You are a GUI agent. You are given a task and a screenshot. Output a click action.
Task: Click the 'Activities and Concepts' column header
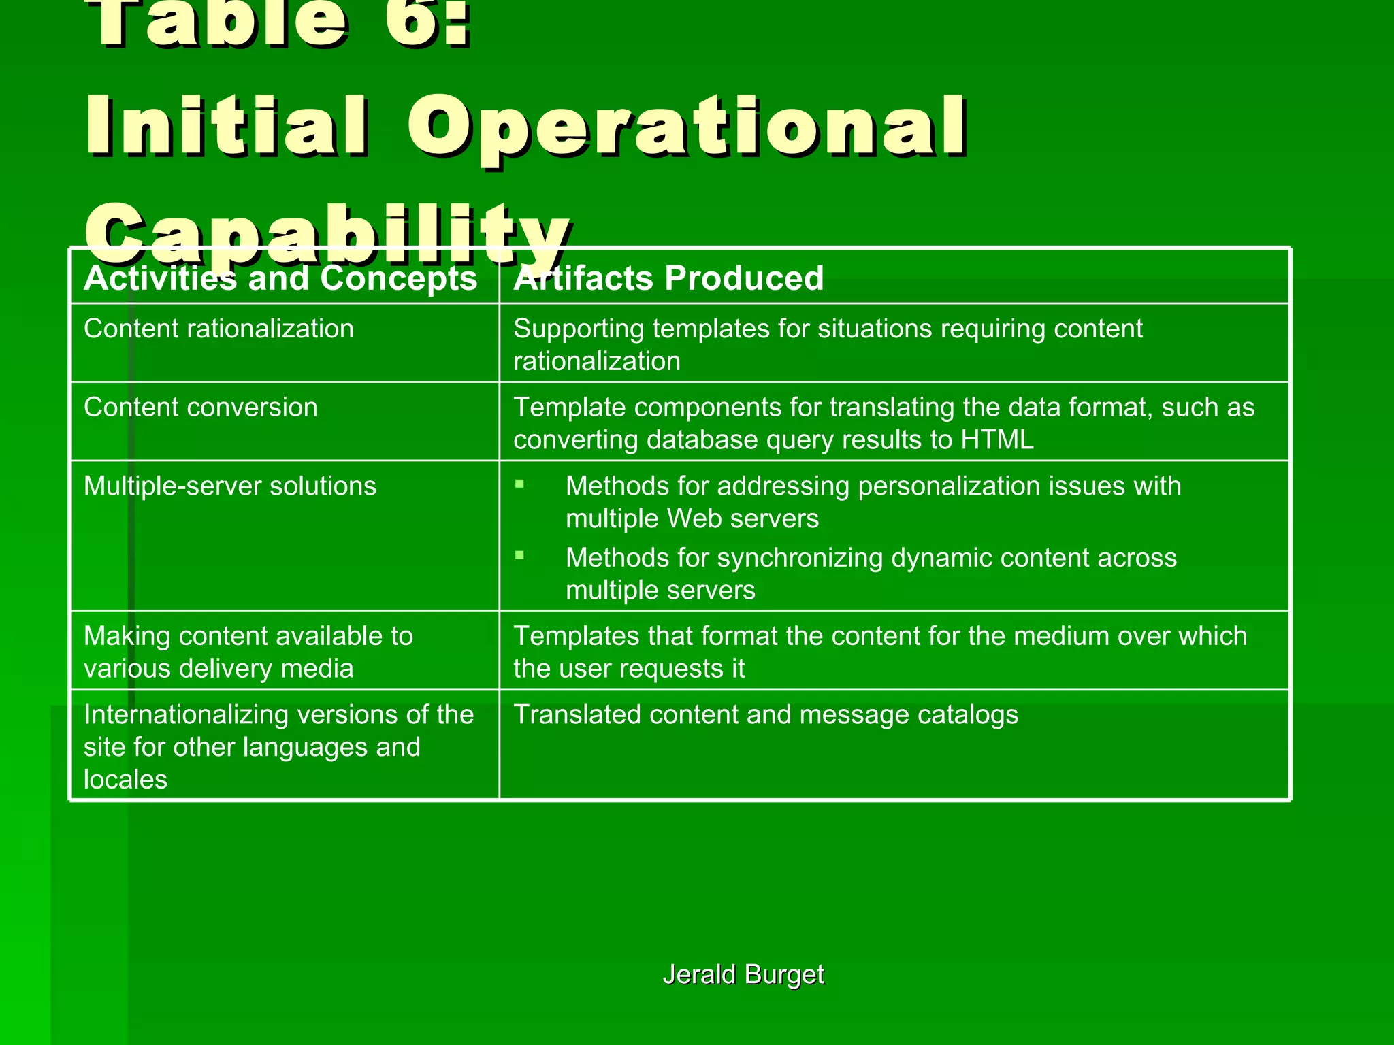click(280, 278)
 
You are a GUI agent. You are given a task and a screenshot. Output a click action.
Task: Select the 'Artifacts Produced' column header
click(668, 278)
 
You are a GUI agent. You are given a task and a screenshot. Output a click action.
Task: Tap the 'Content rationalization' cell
click(218, 329)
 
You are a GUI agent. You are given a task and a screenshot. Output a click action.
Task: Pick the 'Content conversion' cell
click(200, 408)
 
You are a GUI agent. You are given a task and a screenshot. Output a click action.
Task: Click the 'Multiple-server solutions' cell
click(229, 486)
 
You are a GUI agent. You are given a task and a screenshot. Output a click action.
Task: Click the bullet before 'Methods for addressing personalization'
click(520, 484)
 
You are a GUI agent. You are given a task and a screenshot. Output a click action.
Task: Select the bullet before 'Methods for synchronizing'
click(520, 556)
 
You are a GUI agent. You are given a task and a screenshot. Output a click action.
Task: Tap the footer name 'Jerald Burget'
click(743, 974)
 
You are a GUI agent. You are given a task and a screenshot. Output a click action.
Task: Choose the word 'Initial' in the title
click(228, 126)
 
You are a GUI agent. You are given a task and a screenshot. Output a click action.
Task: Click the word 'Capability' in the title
click(327, 235)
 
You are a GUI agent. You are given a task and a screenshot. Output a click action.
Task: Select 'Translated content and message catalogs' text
click(766, 715)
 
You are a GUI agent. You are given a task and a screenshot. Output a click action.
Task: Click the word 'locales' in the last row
click(125, 780)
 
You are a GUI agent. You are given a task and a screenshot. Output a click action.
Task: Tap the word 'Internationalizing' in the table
click(182, 715)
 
